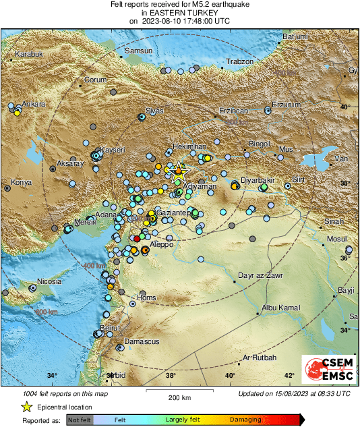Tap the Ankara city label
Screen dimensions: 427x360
coord(34,105)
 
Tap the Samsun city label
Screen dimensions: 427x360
coord(140,51)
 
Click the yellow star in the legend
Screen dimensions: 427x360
coord(26,407)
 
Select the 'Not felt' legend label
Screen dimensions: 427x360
coord(81,420)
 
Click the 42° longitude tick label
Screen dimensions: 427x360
coord(289,376)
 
